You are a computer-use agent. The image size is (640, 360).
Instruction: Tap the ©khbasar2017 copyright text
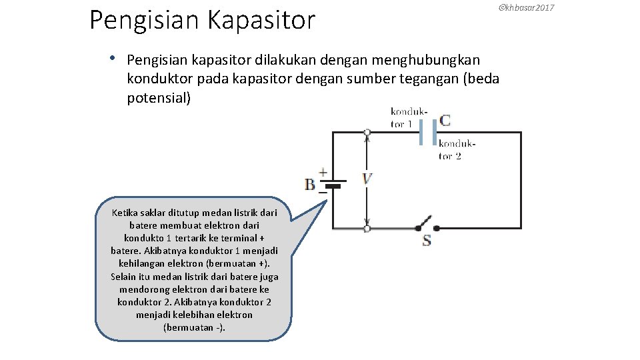coord(527,7)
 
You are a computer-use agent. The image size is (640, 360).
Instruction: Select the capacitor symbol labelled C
coord(427,133)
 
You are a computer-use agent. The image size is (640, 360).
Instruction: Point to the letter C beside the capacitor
coord(445,121)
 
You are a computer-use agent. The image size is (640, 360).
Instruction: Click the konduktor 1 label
coord(409,117)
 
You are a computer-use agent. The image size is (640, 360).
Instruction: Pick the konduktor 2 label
coord(457,149)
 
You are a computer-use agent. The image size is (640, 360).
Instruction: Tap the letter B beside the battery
coord(310,184)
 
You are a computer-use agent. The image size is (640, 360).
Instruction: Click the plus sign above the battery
coord(323,172)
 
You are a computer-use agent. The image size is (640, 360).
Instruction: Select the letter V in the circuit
coord(367,179)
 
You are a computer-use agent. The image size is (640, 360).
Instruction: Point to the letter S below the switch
coord(427,240)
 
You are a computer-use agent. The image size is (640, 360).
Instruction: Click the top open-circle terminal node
coord(367,133)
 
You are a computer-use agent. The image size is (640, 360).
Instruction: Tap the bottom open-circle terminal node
coord(367,228)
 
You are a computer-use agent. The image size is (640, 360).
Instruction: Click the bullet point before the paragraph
coord(115,58)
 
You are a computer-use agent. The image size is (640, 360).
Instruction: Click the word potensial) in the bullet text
coord(159,99)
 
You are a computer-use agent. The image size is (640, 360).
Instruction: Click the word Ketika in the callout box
coord(125,213)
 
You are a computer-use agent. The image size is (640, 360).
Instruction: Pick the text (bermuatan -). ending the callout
coord(194,327)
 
